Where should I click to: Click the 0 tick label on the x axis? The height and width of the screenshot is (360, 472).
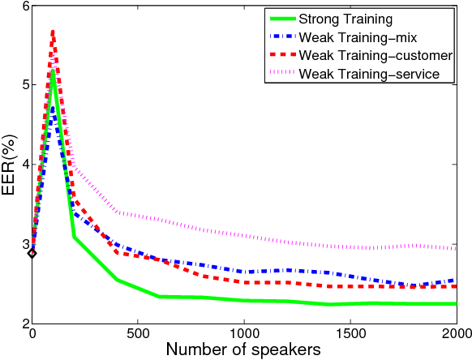pyautogui.click(x=32, y=334)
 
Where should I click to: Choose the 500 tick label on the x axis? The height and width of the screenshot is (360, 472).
pyautogui.click(x=138, y=334)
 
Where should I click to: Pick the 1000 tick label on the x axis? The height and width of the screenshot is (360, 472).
pyautogui.click(x=244, y=334)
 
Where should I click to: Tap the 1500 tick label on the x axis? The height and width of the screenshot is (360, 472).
pyautogui.click(x=350, y=334)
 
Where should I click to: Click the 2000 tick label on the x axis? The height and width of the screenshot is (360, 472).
pyautogui.click(x=455, y=334)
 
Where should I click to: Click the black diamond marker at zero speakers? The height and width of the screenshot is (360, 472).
pyautogui.click(x=32, y=253)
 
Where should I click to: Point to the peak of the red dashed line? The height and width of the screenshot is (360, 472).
pyautogui.click(x=54, y=32)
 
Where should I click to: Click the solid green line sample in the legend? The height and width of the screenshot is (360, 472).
pyautogui.click(x=283, y=18)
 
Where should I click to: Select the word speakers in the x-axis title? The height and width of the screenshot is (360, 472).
pyautogui.click(x=284, y=350)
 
